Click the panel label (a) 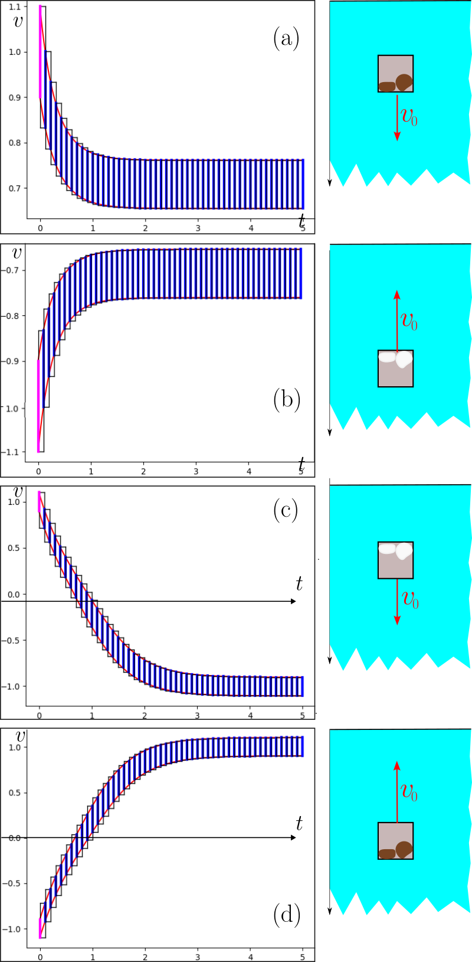pyautogui.click(x=286, y=39)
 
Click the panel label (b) pyautogui.click(x=287, y=400)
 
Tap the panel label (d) pyautogui.click(x=287, y=915)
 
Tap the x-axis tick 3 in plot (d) pyautogui.click(x=198, y=957)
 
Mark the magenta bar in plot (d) pyautogui.click(x=40, y=928)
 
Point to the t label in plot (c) pyautogui.click(x=299, y=584)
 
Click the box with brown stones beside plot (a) pyautogui.click(x=395, y=74)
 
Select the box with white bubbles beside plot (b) pyautogui.click(x=395, y=369)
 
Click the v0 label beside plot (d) pyautogui.click(x=409, y=792)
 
